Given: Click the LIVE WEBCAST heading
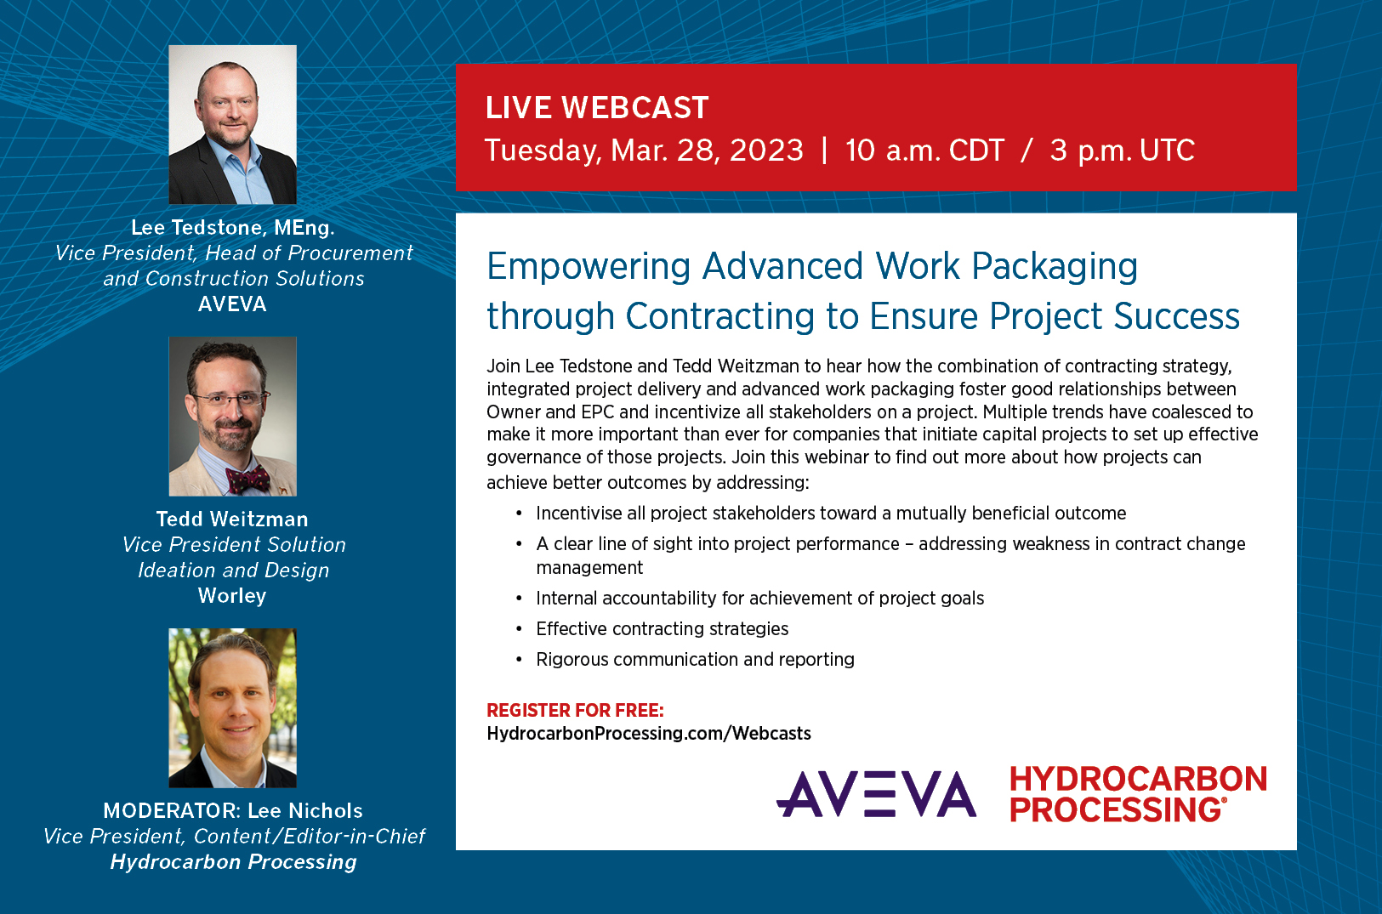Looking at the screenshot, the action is pyautogui.click(x=597, y=108).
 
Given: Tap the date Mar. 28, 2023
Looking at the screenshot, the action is pyautogui.click(x=707, y=150).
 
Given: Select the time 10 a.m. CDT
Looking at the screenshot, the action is pyautogui.click(x=924, y=150).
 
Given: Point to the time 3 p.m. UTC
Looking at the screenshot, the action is pyautogui.click(x=1123, y=150).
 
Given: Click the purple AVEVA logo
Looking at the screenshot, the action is pyautogui.click(x=876, y=794).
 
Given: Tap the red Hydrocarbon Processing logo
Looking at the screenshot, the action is pyautogui.click(x=1138, y=794).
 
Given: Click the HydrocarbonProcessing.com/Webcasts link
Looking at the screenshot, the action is pyautogui.click(x=648, y=733).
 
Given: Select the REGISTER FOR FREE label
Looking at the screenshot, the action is pyautogui.click(x=575, y=711).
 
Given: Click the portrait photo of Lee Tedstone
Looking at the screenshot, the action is pyautogui.click(x=232, y=125).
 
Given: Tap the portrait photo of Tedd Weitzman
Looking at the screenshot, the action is pyautogui.click(x=232, y=417).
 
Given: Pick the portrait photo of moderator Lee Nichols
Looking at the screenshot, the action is pyautogui.click(x=232, y=708).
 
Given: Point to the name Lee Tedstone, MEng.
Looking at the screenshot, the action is pyautogui.click(x=232, y=228).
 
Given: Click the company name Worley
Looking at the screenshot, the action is pyautogui.click(x=232, y=596).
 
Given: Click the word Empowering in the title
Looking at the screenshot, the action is pyautogui.click(x=588, y=267).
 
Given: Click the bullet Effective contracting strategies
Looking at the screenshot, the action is pyautogui.click(x=662, y=629).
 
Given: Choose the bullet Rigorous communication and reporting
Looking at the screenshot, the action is pyautogui.click(x=696, y=660).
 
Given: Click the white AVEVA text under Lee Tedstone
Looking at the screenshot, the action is pyautogui.click(x=232, y=304).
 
